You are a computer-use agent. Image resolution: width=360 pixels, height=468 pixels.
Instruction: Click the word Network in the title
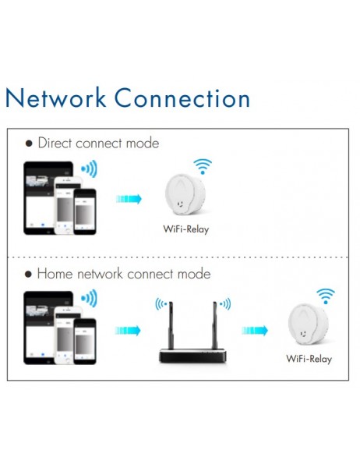pyautogui.click(x=55, y=99)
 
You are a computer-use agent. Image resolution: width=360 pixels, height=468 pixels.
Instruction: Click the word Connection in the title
pyautogui.click(x=182, y=99)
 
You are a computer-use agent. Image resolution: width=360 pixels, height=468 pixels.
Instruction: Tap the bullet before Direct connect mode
pyautogui.click(x=29, y=144)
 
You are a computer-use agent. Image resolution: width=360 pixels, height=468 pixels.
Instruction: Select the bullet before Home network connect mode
pyautogui.click(x=29, y=275)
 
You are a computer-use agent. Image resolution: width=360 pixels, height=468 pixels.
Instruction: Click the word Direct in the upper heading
pyautogui.click(x=56, y=144)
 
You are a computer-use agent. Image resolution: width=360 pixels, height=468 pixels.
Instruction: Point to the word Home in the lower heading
pyautogui.click(x=55, y=275)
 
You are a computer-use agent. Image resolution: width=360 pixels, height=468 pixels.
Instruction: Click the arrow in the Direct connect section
pyautogui.click(x=129, y=199)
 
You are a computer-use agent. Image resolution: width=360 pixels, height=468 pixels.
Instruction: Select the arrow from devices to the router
pyautogui.click(x=129, y=331)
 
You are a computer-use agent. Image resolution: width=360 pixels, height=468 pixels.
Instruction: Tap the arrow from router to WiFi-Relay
pyautogui.click(x=254, y=331)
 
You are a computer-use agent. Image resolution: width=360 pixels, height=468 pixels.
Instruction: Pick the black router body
pyautogui.click(x=192, y=356)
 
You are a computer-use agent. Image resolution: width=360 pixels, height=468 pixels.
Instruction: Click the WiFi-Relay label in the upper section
pyautogui.click(x=185, y=229)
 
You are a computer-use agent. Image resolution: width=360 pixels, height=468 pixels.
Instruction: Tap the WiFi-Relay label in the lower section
pyautogui.click(x=309, y=359)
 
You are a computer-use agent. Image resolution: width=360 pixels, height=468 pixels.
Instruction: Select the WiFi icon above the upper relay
pyautogui.click(x=203, y=166)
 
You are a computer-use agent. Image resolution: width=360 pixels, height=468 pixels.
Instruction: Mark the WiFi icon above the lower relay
pyautogui.click(x=326, y=296)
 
